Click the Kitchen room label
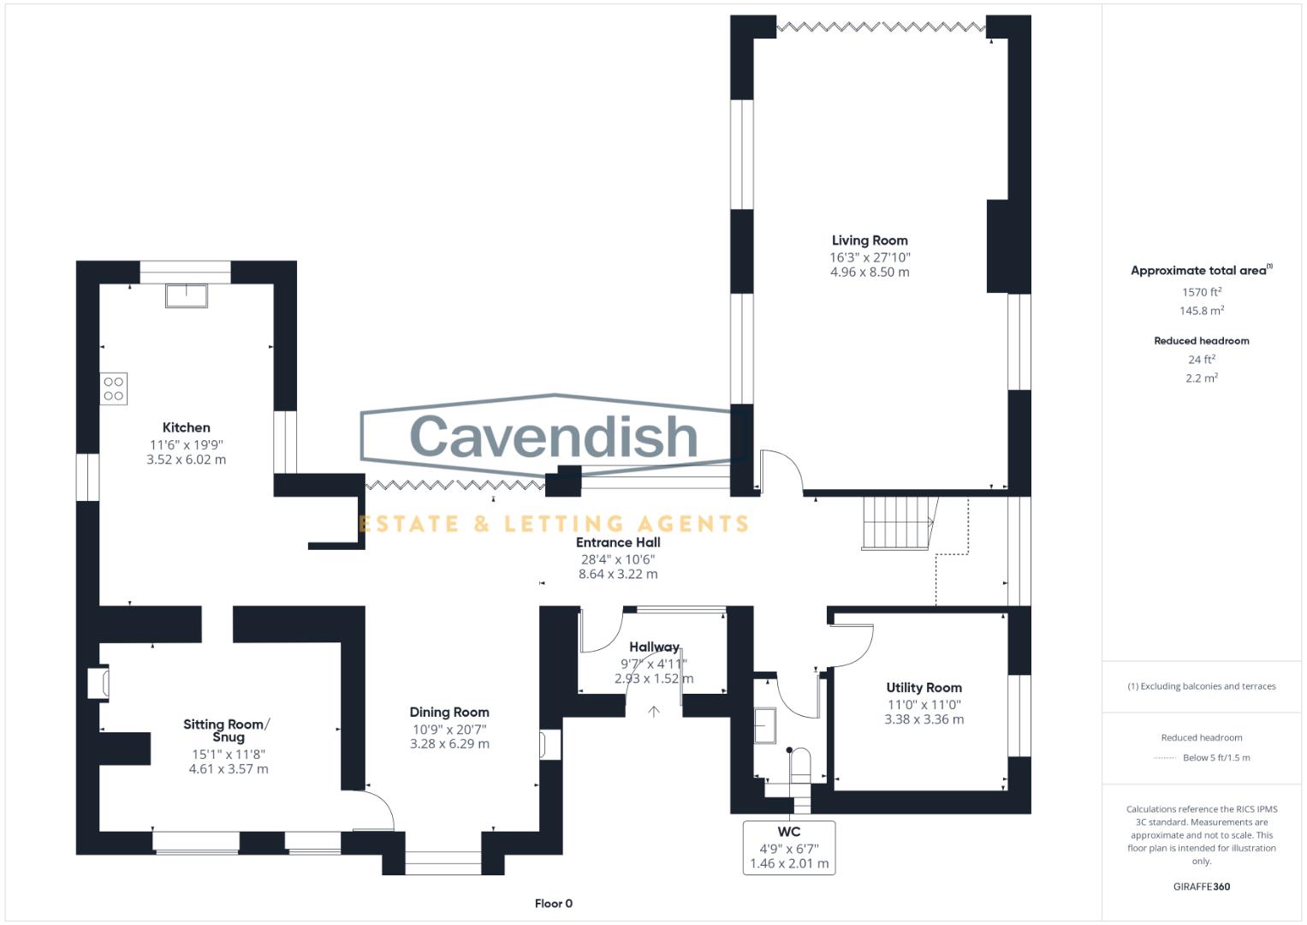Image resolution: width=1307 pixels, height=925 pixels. pos(186,427)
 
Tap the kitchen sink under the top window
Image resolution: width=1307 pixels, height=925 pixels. pos(187,295)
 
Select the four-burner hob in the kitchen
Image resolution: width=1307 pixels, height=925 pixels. pos(114,389)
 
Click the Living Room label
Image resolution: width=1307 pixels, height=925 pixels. pos(869,241)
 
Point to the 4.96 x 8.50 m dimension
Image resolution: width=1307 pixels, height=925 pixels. pos(869,272)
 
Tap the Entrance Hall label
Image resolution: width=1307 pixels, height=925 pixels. pos(617,542)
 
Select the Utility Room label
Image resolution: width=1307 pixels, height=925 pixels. pos(924,688)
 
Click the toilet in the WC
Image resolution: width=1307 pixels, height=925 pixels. pos(799,764)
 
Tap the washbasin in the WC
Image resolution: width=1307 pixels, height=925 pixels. pos(764,725)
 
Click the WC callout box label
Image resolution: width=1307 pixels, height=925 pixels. pos(788,832)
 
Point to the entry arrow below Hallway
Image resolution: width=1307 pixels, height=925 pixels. pos(654,711)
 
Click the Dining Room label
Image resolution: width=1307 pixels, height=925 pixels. pos(449,712)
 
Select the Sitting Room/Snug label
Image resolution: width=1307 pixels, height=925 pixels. pos(227,731)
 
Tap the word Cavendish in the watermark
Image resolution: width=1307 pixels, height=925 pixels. pos(554,436)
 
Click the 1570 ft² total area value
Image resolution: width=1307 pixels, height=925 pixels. pos(1201,292)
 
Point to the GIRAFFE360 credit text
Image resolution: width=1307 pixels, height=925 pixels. pos(1201,886)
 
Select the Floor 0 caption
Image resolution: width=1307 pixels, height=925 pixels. pos(553,904)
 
